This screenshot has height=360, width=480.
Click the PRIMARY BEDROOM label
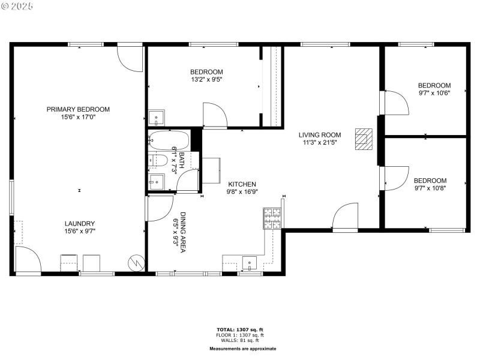pyautogui.click(x=78, y=109)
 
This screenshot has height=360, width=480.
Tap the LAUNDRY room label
pyautogui.click(x=80, y=223)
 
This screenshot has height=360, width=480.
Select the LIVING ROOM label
pyautogui.click(x=320, y=135)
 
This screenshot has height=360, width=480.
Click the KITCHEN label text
pyautogui.click(x=241, y=184)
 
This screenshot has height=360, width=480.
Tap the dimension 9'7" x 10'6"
pyautogui.click(x=434, y=93)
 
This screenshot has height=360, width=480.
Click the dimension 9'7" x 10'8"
pyautogui.click(x=430, y=188)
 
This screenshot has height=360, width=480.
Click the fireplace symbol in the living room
pyautogui.click(x=364, y=139)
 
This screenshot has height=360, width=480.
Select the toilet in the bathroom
pyautogui.click(x=158, y=160)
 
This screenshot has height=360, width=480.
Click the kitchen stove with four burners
pyautogui.click(x=272, y=218)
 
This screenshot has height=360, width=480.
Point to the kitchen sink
pyautogui.click(x=249, y=262)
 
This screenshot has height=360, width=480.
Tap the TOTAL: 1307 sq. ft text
pyautogui.click(x=239, y=330)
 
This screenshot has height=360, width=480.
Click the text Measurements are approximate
pyautogui.click(x=242, y=349)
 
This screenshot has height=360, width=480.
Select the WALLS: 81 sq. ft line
pyautogui.click(x=239, y=340)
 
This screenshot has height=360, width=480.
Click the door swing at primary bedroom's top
pyautogui.click(x=130, y=56)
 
